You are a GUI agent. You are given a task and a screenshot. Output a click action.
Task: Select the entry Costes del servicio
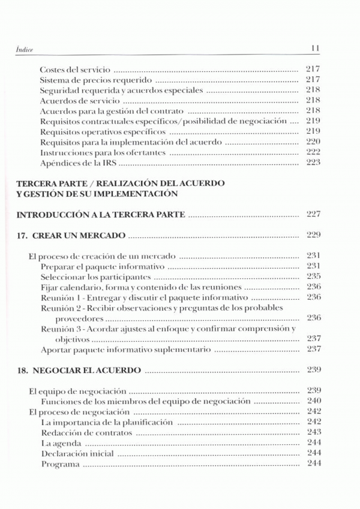coord(75,70)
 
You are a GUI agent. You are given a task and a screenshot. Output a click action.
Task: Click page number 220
coord(313,142)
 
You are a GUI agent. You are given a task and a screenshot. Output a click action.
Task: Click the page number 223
coord(313,163)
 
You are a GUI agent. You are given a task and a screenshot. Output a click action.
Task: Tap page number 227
coord(313,214)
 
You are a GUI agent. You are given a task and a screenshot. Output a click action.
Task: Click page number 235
coord(313,276)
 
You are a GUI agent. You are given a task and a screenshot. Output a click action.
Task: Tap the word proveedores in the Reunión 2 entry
coord(79,318)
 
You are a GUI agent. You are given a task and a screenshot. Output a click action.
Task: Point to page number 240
coord(313,401)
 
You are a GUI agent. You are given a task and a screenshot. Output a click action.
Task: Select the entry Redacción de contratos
coord(86,432)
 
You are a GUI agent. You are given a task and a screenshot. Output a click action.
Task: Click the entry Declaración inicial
coord(76,453)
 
